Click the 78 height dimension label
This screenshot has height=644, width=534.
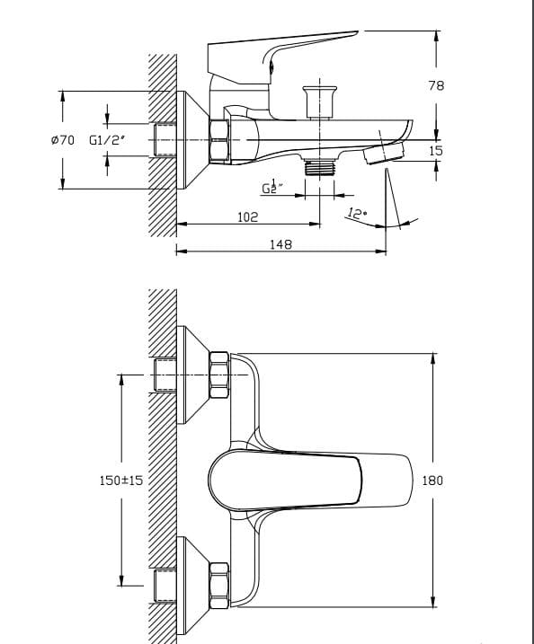point(436,85)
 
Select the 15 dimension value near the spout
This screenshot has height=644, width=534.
point(436,151)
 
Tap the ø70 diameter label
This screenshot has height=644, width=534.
point(63,140)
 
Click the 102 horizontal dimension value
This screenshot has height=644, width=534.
point(247,216)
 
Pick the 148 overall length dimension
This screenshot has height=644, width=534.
point(280,244)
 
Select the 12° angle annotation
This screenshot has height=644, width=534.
point(357,214)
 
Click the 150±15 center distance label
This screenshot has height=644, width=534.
point(120,481)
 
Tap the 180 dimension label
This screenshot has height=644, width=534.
point(432,481)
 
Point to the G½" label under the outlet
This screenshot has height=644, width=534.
point(272,187)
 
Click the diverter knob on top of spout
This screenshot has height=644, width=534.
point(318,99)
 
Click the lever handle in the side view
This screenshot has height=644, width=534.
point(279,49)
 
